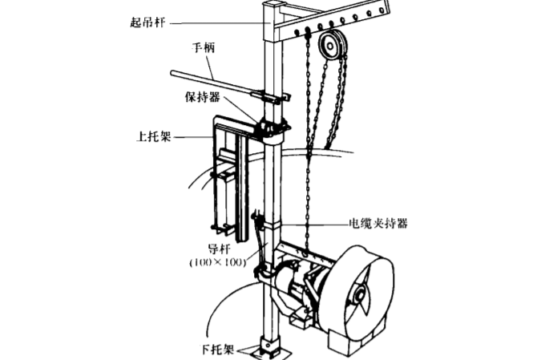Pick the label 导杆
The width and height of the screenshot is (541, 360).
click(x=220, y=248)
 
